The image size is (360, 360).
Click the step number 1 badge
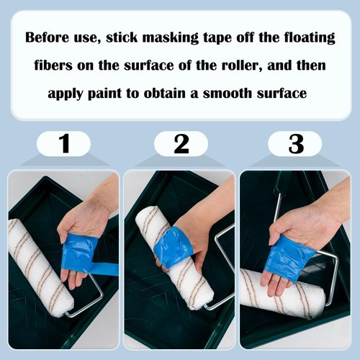click(x=64, y=144)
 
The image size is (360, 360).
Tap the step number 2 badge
click(x=181, y=144)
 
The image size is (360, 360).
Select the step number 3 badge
click(x=295, y=144)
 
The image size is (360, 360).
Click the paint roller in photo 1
click(x=40, y=266)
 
